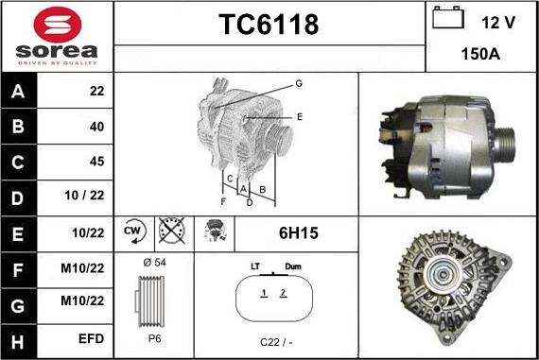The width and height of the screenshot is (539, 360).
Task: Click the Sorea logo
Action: pos(57,36)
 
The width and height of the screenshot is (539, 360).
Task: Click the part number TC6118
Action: pos(269,26)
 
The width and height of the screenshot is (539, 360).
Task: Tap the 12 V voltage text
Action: pos(497,20)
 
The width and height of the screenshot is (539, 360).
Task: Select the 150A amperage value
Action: pos(481,54)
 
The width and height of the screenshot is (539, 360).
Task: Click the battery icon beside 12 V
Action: pos(445,18)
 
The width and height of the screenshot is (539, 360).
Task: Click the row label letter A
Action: pos(20,92)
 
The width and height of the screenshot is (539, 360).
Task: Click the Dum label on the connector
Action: pos(292,268)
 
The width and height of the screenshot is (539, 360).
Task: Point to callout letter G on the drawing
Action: pos(299,84)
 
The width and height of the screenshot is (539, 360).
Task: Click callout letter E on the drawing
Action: pos(299,117)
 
